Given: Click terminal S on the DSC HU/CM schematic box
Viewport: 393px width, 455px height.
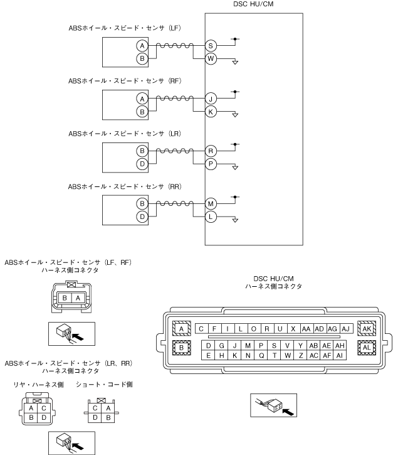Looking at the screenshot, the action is (211, 46).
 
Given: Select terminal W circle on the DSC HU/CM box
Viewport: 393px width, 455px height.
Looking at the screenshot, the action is (211, 58).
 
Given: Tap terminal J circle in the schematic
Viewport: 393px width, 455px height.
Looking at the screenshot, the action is (211, 99).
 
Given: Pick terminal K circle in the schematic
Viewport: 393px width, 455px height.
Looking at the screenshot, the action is (211, 112).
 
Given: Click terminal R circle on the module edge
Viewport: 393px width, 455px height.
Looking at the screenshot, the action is (211, 151).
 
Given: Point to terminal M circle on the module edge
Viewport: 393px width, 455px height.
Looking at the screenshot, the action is (211, 204).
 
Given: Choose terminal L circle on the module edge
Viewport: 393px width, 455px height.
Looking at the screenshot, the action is (211, 217).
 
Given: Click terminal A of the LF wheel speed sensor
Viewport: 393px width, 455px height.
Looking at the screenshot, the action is (142, 46).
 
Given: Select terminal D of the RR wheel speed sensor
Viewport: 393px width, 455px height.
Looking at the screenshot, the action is (142, 217).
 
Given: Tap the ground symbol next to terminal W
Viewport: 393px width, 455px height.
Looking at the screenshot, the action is (235, 62).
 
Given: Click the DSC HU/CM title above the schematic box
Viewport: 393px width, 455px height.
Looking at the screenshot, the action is (253, 4).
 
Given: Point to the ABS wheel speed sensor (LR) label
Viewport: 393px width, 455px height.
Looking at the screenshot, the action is (125, 134).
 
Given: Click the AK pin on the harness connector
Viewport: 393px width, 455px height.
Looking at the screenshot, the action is (367, 328).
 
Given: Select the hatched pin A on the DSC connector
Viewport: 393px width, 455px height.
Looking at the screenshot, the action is (181, 329).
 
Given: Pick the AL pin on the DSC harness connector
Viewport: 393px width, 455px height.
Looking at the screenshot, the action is (367, 347).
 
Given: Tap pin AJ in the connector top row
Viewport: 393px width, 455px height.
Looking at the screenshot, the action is (346, 329).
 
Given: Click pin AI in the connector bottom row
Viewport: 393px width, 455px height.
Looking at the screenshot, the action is (340, 355).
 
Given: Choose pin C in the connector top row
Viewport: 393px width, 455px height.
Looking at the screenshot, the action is (201, 329).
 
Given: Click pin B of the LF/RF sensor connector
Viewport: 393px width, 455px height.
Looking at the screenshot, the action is (65, 298).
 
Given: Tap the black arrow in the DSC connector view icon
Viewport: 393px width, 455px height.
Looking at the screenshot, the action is (288, 412).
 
